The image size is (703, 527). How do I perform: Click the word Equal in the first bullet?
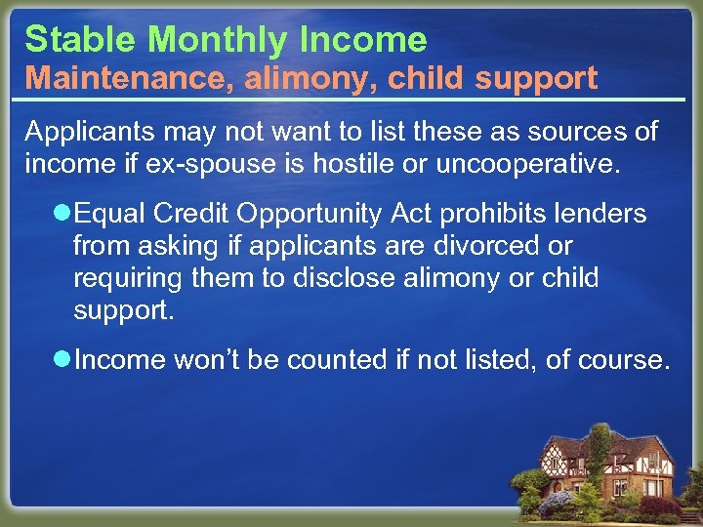[x=105, y=214]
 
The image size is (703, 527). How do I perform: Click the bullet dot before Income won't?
[x=62, y=360]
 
